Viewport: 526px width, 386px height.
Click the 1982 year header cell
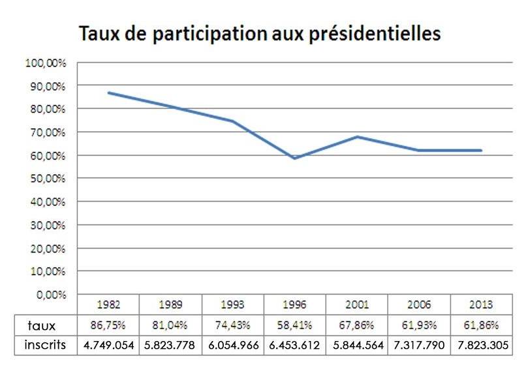point(108,304)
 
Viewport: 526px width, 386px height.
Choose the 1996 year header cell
point(295,304)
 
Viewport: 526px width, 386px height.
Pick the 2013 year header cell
point(481,304)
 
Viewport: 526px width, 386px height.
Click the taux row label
point(42,325)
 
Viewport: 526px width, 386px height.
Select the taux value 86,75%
point(108,325)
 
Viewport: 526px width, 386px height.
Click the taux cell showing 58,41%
point(295,325)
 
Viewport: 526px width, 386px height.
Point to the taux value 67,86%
point(357,325)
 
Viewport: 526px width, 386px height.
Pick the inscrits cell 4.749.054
point(108,345)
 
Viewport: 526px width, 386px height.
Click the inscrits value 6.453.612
point(295,345)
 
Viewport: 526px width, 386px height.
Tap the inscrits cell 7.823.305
point(481,345)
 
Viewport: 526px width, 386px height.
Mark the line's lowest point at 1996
point(295,158)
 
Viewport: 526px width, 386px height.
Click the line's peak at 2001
point(357,136)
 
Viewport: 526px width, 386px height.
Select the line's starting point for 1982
point(108,93)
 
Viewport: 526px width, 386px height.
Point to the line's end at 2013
point(481,151)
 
